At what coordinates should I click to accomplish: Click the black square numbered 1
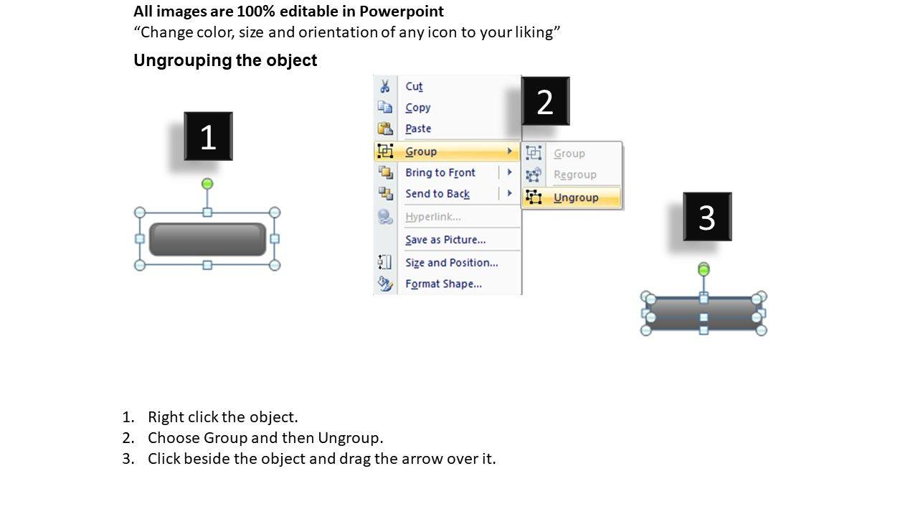tap(208, 136)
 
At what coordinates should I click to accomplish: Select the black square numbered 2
tap(546, 101)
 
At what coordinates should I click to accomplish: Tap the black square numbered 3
tap(707, 217)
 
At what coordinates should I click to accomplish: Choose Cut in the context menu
tap(414, 87)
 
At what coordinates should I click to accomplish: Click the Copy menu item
tap(418, 108)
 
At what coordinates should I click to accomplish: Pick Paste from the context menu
tap(418, 129)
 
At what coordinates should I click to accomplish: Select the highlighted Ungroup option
tap(576, 197)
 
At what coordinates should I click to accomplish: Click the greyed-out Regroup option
tap(575, 174)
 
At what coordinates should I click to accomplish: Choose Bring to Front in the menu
tap(440, 172)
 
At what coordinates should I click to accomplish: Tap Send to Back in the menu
tap(437, 194)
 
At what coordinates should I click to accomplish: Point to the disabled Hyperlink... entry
tap(432, 217)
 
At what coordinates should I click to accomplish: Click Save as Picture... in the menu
tap(445, 240)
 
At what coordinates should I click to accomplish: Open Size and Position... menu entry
tap(452, 263)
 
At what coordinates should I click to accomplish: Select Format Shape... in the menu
tap(443, 284)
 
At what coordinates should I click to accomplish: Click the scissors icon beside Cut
tap(385, 86)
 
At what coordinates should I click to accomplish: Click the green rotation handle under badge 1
tap(207, 183)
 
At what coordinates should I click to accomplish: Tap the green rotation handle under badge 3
tap(704, 269)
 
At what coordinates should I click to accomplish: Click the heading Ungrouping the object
tap(225, 60)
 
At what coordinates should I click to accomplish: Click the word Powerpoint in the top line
tap(401, 11)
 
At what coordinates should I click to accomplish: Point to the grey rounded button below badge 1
tap(207, 239)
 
